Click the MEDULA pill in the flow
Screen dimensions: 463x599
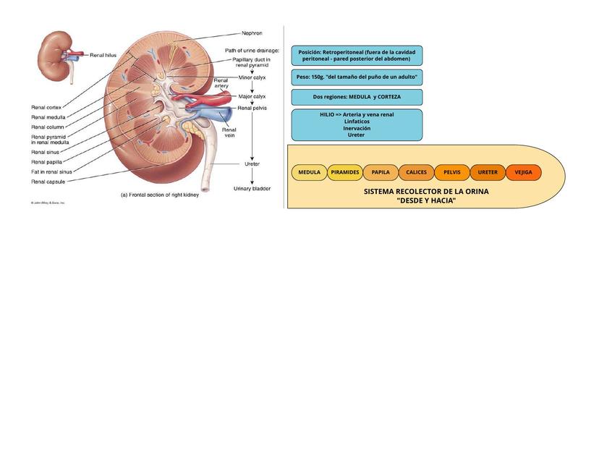pyautogui.click(x=309, y=173)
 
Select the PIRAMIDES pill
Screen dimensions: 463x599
pyautogui.click(x=345, y=173)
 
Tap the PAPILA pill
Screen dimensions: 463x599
pyautogui.click(x=381, y=173)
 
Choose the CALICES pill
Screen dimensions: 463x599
pyautogui.click(x=416, y=173)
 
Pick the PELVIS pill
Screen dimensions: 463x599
pyautogui.click(x=451, y=173)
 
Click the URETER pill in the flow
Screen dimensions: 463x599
pyautogui.click(x=488, y=173)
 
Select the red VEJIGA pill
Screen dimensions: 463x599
pyautogui.click(x=523, y=173)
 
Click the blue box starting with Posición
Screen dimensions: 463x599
pyautogui.click(x=357, y=56)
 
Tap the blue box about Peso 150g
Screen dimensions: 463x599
pyautogui.click(x=357, y=77)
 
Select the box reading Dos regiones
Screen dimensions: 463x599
pyautogui.click(x=357, y=97)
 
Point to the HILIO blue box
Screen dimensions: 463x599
pyautogui.click(x=357, y=124)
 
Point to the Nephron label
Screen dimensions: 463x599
pyautogui.click(x=252, y=33)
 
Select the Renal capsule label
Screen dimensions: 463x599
pyautogui.click(x=48, y=182)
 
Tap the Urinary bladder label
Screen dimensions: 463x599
pyautogui.click(x=252, y=189)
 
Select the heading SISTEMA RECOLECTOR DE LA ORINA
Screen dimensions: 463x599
pyautogui.click(x=426, y=192)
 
